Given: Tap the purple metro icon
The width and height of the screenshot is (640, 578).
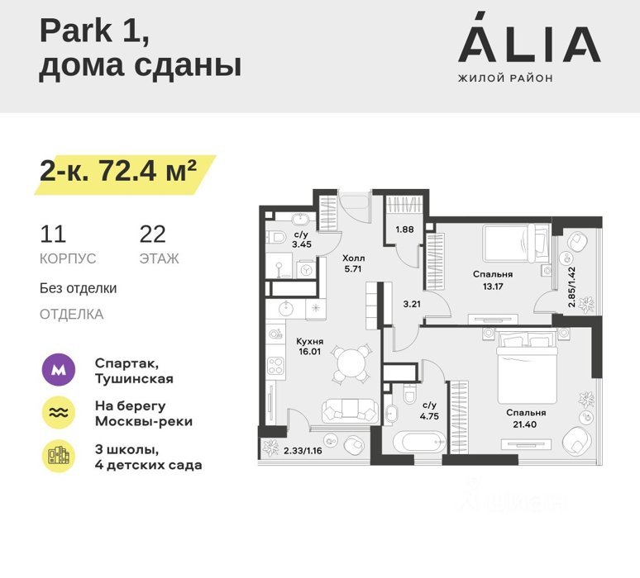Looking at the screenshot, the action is tap(59, 370).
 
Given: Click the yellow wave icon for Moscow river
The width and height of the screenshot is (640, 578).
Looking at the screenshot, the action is tap(59, 413).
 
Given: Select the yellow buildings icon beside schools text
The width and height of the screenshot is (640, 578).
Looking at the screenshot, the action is tap(59, 456).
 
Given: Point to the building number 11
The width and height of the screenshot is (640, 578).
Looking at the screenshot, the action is tap(53, 234).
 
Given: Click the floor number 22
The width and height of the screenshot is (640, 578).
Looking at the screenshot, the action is tap(153, 234).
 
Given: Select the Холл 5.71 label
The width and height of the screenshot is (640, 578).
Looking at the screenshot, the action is tap(353, 263).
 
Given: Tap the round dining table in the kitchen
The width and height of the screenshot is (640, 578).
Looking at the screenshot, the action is tap(350, 363).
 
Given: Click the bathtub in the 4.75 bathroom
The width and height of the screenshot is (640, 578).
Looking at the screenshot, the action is tap(419, 442).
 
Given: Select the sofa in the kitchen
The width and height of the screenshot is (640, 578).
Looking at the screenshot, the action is tap(350, 411).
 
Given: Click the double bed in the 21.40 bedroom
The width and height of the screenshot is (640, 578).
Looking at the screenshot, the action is tap(527, 367).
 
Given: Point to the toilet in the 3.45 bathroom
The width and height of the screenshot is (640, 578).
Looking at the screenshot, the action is tap(277, 237).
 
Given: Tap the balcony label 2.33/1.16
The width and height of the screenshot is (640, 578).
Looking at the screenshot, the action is tap(303, 451).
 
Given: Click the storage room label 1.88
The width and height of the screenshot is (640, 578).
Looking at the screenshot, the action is tap(404, 230).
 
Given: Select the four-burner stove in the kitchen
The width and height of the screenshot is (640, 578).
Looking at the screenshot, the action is tap(276, 366).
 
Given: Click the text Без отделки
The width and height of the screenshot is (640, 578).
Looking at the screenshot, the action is tap(78, 288).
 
